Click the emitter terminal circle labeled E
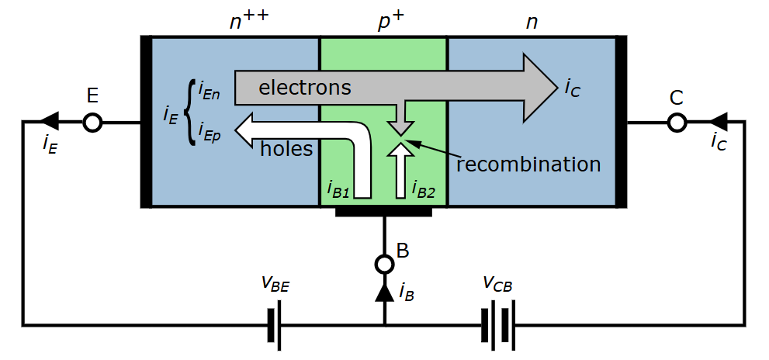click(x=92, y=123)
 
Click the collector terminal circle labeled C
click(x=677, y=123)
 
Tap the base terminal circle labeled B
click(x=384, y=265)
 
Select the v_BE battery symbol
click(x=274, y=325)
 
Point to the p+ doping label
click(x=390, y=22)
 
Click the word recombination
click(x=528, y=164)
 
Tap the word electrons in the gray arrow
click(x=304, y=88)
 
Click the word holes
click(x=286, y=148)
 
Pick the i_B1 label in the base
click(x=339, y=189)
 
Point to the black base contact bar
click(x=384, y=211)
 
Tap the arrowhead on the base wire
click(x=384, y=292)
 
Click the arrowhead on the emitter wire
click(x=49, y=122)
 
